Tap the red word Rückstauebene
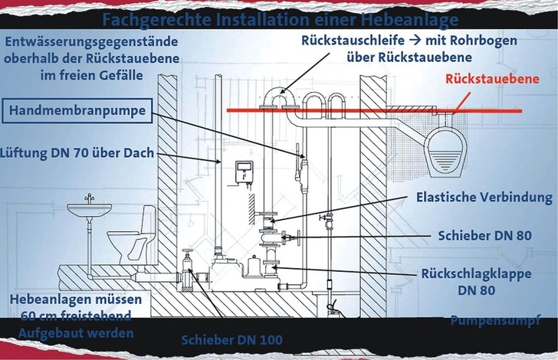click(x=501, y=80)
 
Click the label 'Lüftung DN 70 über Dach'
click(x=79, y=153)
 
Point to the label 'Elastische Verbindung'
click(x=484, y=197)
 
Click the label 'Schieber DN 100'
click(x=232, y=339)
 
